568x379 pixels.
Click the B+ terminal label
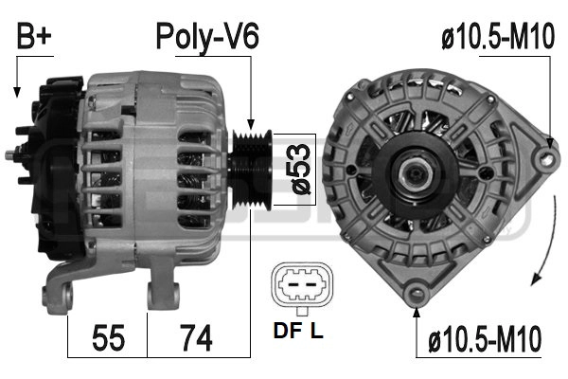click(x=34, y=36)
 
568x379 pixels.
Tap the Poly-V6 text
click(x=207, y=37)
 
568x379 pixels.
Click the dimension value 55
click(x=108, y=337)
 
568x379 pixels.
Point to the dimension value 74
click(x=196, y=337)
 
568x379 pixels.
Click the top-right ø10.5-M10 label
click(x=498, y=36)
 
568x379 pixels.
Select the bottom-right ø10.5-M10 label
click(x=485, y=339)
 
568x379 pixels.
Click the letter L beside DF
click(x=316, y=331)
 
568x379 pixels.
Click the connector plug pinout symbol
click(x=302, y=285)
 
